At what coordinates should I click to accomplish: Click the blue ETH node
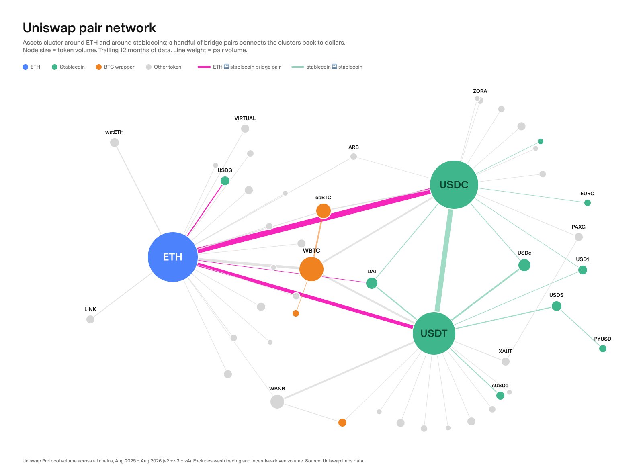173,257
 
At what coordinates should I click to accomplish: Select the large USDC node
454,185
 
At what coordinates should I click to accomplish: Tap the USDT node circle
434,333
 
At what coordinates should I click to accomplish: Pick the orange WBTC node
311,269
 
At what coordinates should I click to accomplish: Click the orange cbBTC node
324,211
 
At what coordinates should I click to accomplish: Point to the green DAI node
372,283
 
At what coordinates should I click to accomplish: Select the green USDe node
524,265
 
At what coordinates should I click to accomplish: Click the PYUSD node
603,349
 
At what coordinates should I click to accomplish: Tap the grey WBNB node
277,402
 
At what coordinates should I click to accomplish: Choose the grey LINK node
90,319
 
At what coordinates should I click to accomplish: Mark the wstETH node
115,143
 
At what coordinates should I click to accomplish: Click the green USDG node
225,181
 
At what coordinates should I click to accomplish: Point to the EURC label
587,193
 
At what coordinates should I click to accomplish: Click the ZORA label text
480,91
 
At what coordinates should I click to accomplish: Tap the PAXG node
579,237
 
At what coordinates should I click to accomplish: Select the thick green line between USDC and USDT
444,261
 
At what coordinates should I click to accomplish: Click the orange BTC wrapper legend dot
99,67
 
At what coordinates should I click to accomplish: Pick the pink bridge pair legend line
204,67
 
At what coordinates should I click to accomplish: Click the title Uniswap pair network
89,28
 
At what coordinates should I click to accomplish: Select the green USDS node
557,306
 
